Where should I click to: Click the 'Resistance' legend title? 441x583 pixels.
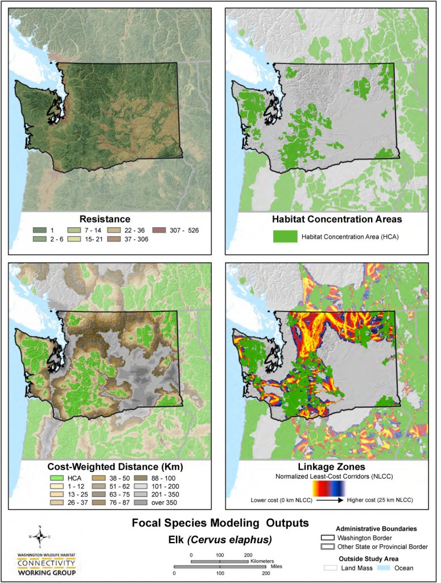point(105,219)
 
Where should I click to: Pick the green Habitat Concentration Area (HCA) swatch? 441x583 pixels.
point(285,237)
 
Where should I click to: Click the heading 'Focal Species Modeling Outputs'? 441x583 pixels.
point(220,522)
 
